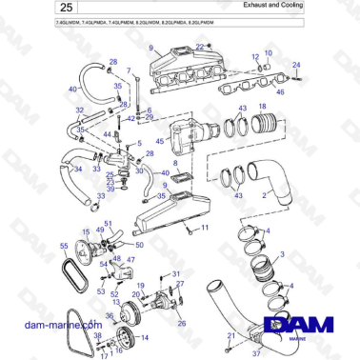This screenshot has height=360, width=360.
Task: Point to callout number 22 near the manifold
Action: click(199, 47)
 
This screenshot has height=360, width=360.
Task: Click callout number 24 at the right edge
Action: click(295, 65)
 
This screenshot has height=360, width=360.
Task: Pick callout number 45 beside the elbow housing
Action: click(159, 143)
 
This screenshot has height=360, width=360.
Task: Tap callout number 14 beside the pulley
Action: click(144, 337)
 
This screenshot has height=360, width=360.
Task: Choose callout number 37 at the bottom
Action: click(255, 351)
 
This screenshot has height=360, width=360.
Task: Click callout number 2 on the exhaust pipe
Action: click(277, 195)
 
